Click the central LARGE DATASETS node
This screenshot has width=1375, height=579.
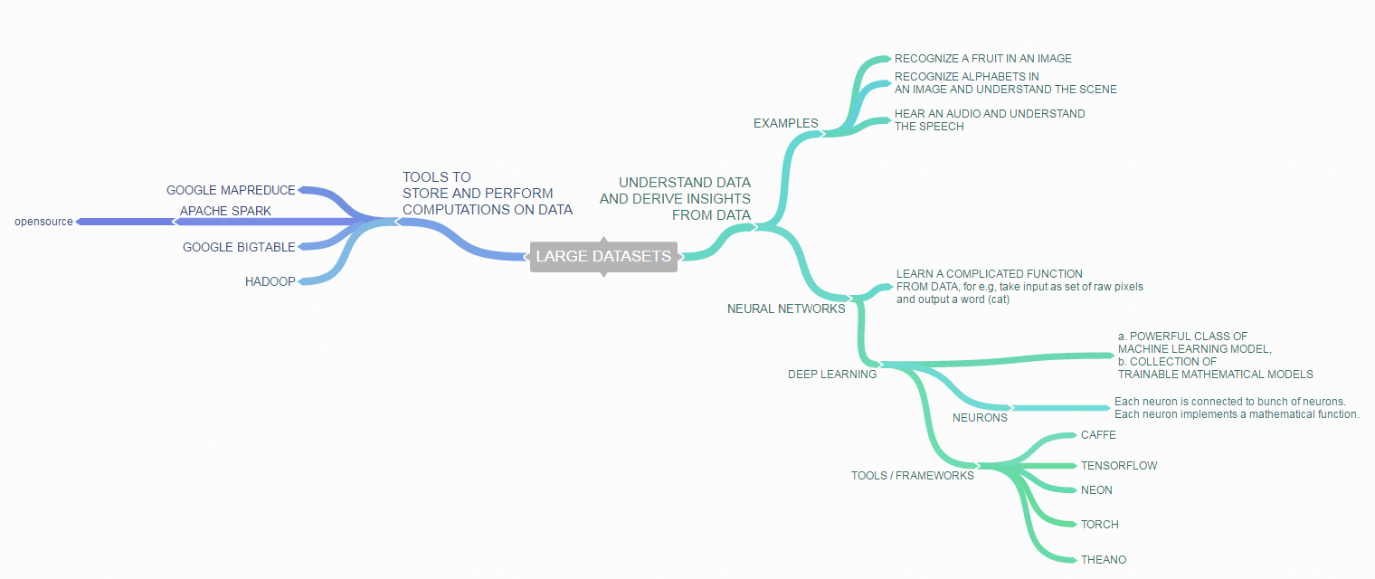tap(603, 256)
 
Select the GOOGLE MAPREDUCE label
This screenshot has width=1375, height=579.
tap(231, 191)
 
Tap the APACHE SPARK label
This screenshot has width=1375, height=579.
tap(225, 212)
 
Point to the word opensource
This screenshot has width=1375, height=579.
tap(43, 222)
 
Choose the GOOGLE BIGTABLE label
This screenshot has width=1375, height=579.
tap(239, 248)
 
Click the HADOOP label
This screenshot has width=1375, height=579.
tap(270, 282)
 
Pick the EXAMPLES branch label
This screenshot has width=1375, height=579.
tap(785, 124)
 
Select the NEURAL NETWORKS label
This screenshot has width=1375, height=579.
tap(786, 309)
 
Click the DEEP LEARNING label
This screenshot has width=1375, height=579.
tap(832, 375)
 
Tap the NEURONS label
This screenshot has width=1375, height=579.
tap(980, 418)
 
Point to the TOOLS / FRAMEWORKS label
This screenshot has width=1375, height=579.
tap(912, 476)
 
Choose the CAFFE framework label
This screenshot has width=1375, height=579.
tap(1098, 435)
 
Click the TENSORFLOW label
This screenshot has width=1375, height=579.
tap(1118, 466)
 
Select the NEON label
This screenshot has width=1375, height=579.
tap(1096, 490)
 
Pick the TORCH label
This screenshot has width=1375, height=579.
tap(1099, 525)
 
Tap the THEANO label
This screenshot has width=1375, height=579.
tap(1104, 560)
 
